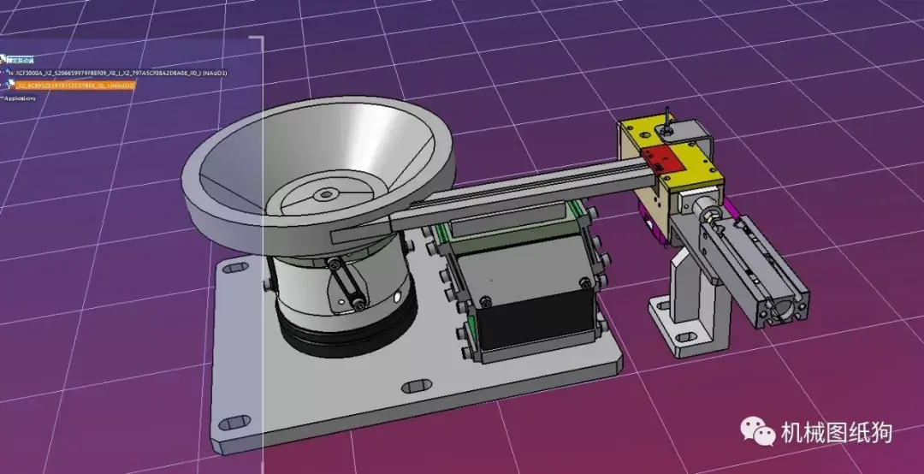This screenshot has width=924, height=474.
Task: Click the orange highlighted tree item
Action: (73, 86)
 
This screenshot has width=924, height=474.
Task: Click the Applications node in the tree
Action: (21, 98)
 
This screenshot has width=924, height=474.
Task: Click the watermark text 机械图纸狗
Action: (836, 433)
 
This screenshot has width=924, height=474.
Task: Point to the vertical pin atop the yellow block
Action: (666, 120)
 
